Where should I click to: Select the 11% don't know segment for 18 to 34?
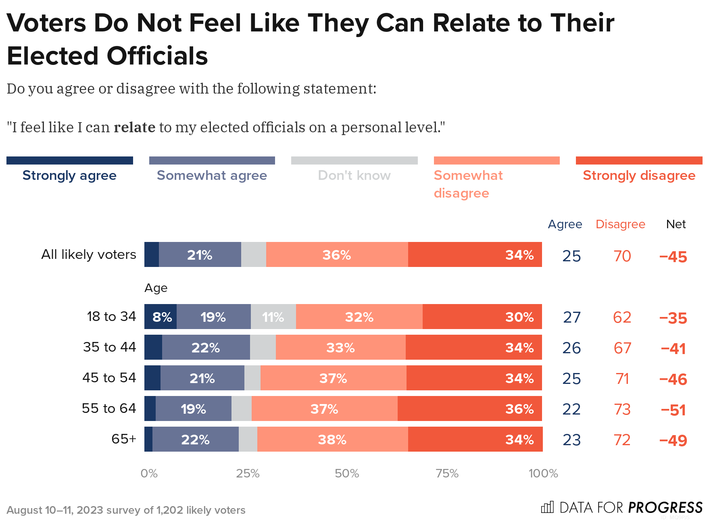click(273, 317)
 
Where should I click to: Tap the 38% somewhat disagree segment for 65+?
click(332, 440)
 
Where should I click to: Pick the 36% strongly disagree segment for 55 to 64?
click(470, 409)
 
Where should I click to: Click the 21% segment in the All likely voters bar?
click(200, 255)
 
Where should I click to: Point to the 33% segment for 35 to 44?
click(340, 348)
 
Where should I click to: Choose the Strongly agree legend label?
click(69, 175)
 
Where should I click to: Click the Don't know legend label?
click(354, 175)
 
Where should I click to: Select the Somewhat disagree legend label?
click(468, 184)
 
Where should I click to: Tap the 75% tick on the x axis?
click(447, 473)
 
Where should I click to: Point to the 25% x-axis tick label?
click(248, 473)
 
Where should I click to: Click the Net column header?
click(676, 224)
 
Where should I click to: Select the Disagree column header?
click(620, 224)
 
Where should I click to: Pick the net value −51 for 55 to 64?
click(673, 410)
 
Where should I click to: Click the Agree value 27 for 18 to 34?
click(572, 318)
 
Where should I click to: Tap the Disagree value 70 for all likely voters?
click(622, 256)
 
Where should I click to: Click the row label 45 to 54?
click(109, 378)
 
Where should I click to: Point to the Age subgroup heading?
click(156, 288)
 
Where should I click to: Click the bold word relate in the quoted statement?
click(134, 127)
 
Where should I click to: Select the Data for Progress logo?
click(621, 507)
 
